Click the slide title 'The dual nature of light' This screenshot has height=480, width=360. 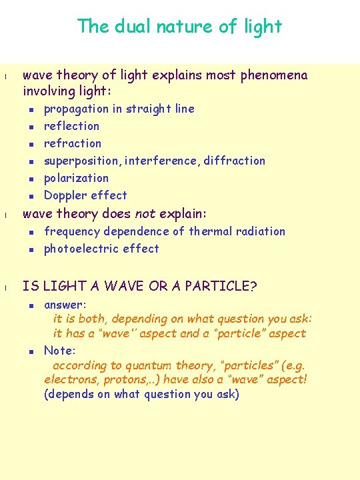point(179,27)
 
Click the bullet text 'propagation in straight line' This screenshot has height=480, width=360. point(119,109)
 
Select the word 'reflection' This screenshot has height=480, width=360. point(71,126)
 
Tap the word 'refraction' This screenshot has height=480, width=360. point(73,143)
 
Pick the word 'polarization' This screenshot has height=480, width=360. point(76,178)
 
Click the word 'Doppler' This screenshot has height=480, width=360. point(64,195)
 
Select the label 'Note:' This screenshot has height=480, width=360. point(60,350)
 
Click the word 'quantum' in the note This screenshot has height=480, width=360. point(146,365)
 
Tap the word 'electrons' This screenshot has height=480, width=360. point(69,380)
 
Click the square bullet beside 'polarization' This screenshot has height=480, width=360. point(31,179)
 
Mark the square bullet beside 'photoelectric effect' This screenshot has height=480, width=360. point(31,249)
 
